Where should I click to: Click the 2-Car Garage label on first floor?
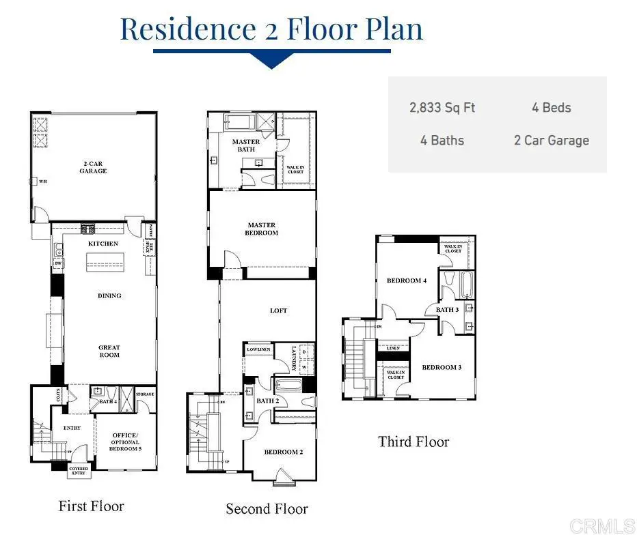[x=93, y=167]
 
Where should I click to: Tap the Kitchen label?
[x=103, y=244]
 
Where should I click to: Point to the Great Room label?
[x=109, y=351]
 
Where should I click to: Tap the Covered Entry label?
[x=79, y=472]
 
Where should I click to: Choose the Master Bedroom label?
[x=262, y=229]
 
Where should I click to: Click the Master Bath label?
[x=245, y=145]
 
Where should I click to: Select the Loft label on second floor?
[x=278, y=310]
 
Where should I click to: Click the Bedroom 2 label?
[x=283, y=452]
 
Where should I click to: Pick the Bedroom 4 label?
[x=407, y=280]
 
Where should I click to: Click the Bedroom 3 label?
[x=442, y=367]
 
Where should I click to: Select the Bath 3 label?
[x=448, y=310]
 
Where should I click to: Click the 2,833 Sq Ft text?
[x=442, y=108]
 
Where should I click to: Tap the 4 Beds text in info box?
[x=551, y=108]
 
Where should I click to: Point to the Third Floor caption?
[x=414, y=442]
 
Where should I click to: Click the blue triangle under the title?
[x=271, y=61]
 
